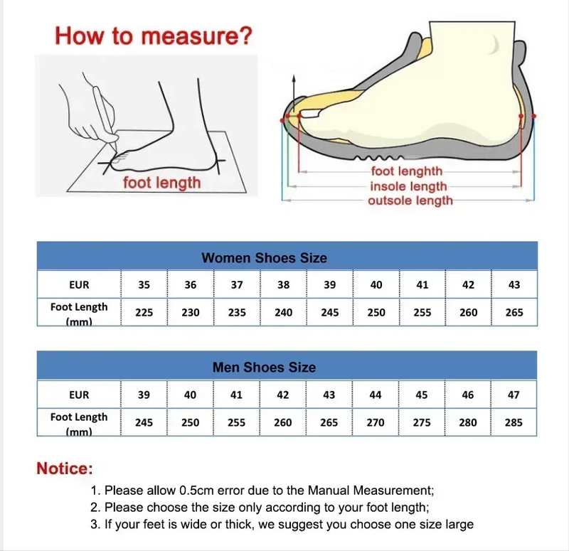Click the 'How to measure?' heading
[x=153, y=36]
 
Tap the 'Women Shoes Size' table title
[x=264, y=258]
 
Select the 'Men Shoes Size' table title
[x=264, y=368]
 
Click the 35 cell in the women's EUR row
[x=144, y=284]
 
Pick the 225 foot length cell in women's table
[x=144, y=312]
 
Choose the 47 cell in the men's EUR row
[x=514, y=395]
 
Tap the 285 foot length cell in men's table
[x=514, y=422]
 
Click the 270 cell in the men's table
[x=376, y=422]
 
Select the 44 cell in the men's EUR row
[x=376, y=395]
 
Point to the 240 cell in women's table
[x=283, y=312]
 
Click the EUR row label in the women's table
[x=79, y=284]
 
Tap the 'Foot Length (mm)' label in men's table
[x=79, y=422]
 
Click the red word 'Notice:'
[x=65, y=469]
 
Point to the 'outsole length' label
[x=410, y=201]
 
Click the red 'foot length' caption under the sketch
[x=161, y=183]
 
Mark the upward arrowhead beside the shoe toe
[x=292, y=84]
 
